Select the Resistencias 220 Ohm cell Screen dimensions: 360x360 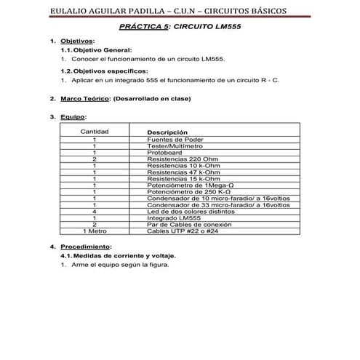182,159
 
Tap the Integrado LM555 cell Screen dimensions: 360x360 174,218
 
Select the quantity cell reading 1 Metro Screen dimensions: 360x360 95,231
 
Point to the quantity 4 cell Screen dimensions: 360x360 95,212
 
